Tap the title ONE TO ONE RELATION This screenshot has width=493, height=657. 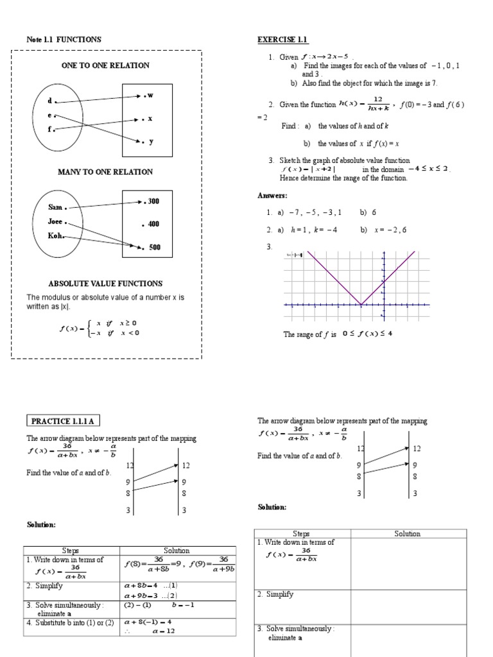coord(105,65)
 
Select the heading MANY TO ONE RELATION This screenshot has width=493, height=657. coord(105,172)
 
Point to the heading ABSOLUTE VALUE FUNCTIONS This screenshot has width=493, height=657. coord(105,284)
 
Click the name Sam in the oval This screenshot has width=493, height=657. coord(55,207)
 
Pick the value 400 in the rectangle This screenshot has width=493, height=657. coord(153,225)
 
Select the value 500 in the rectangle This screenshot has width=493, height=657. coord(154,247)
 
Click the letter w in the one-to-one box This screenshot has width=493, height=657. coord(151,96)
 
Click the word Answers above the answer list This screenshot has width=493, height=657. coord(273,196)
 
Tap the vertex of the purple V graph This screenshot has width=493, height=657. coord(360,305)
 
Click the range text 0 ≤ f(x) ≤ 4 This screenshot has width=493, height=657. coord(367,334)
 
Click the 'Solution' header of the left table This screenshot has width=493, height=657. coord(177,550)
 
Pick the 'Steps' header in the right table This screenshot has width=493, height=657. coord(301,534)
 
